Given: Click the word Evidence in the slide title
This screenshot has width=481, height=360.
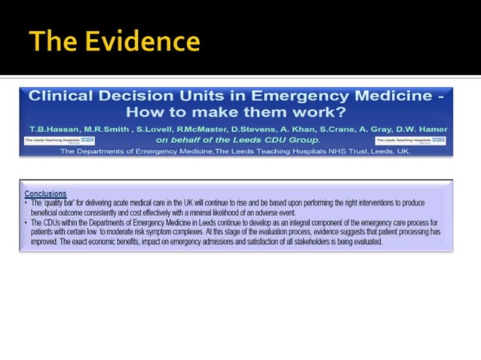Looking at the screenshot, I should point(144,41).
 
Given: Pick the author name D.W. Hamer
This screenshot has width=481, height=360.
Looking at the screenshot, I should point(423,130).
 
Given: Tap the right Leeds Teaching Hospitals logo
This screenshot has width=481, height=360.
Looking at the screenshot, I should point(411,140).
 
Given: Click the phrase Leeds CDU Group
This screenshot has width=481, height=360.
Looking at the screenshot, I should point(279,139).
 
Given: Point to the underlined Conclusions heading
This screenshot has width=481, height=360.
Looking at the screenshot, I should point(45,194).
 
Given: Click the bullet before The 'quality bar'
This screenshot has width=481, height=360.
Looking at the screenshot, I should point(26,203).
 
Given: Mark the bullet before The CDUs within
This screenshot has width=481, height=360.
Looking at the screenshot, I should point(26,224).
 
